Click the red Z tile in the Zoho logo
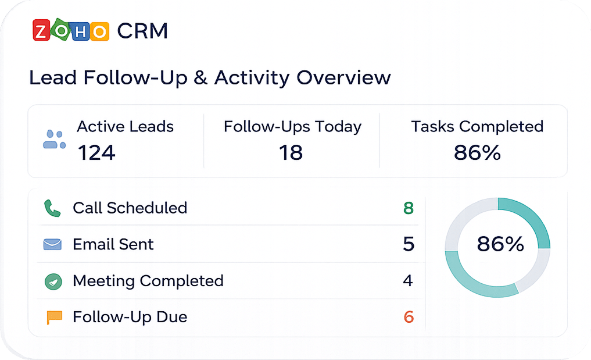[41, 30]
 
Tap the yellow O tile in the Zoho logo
[99, 32]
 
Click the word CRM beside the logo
[142, 31]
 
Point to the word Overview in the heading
[344, 78]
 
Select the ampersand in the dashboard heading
[201, 78]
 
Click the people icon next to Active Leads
[55, 139]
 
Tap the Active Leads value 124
[96, 153]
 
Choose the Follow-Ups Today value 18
[291, 153]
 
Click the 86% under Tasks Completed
[477, 153]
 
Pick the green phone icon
[52, 208]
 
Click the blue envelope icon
[52, 244]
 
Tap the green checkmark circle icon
[53, 281]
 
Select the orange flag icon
[54, 318]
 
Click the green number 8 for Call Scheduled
[409, 208]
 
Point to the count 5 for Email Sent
[409, 244]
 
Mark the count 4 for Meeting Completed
[408, 281]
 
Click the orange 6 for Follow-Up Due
[409, 317]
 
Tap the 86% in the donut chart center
[500, 244]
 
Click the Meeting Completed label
[148, 281]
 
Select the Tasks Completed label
[477, 126]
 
